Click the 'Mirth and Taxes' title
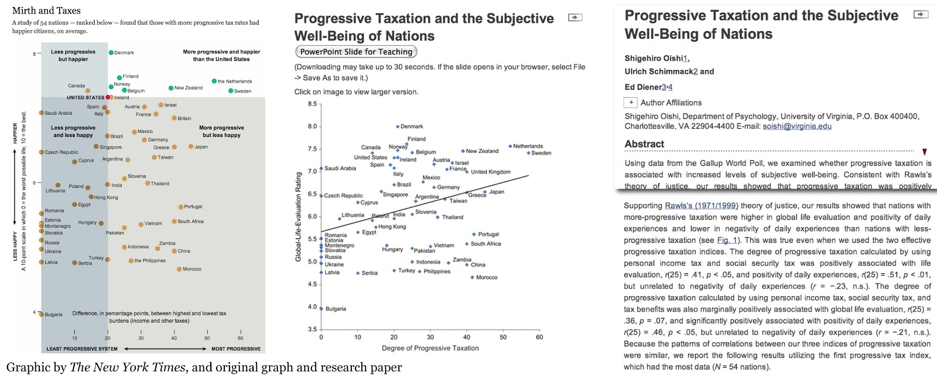point(46,11)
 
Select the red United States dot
point(108,97)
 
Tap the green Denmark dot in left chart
point(111,53)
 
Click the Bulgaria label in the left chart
point(53,314)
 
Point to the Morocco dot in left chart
point(179,269)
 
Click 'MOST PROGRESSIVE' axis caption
point(235,349)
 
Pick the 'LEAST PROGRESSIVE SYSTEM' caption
point(82,349)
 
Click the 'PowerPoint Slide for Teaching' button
point(356,52)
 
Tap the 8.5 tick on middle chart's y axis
point(312,104)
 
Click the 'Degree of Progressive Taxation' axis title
point(430,348)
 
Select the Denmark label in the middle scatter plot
point(412,126)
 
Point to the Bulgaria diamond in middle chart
point(321,309)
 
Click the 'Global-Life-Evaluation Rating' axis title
point(298,217)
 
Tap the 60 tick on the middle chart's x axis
point(539,337)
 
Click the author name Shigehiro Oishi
point(654,58)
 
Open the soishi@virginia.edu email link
point(796,126)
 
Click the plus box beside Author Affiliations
point(631,102)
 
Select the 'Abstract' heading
point(644,144)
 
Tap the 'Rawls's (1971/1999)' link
point(701,206)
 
